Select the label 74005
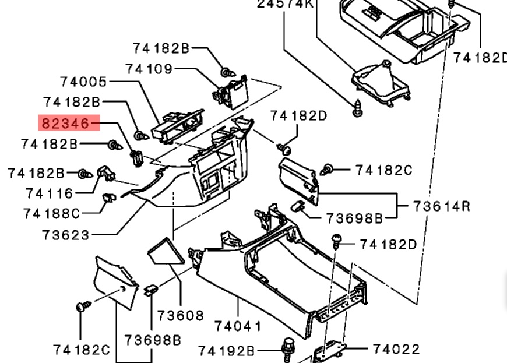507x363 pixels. pyautogui.click(x=83, y=82)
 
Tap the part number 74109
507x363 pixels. pyautogui.click(x=149, y=69)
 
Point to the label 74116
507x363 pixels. pyautogui.click(x=50, y=193)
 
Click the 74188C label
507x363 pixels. pyautogui.click(x=51, y=214)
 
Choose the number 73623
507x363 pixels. pyautogui.click(x=66, y=235)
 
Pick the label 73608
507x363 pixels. pyautogui.click(x=181, y=316)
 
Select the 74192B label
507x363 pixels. pyautogui.click(x=227, y=351)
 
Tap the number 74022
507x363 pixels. pyautogui.click(x=396, y=349)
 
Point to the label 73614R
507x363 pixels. pyautogui.click(x=442, y=206)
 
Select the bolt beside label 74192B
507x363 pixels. pyautogui.click(x=287, y=347)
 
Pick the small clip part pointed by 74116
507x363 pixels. pyautogui.click(x=107, y=172)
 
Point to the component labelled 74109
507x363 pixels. pyautogui.click(x=232, y=92)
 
